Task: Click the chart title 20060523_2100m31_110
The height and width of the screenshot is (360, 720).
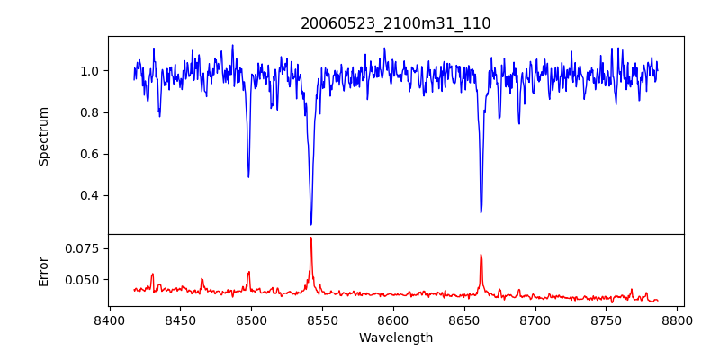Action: coord(396,23)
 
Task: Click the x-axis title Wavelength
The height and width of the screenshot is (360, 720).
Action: coord(396,338)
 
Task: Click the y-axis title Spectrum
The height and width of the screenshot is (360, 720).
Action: coord(43,136)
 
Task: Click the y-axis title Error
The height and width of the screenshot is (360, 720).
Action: coord(43,270)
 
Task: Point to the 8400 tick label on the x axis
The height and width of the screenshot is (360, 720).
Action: coord(109,319)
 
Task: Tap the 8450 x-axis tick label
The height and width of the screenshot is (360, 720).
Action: coord(180,319)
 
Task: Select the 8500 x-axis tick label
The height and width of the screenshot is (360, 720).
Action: coord(251,319)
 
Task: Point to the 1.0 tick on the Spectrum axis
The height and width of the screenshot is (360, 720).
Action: coord(92,71)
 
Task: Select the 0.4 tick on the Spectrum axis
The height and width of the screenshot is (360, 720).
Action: coord(92,195)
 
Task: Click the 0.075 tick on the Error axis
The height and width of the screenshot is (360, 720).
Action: coord(85,248)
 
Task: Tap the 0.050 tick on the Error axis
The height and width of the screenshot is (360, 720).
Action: coord(85,280)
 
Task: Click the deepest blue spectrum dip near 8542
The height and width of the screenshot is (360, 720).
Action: coord(311,224)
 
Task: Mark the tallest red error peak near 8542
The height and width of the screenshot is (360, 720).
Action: coord(311,238)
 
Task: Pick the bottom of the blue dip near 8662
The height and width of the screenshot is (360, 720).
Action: coord(481,212)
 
